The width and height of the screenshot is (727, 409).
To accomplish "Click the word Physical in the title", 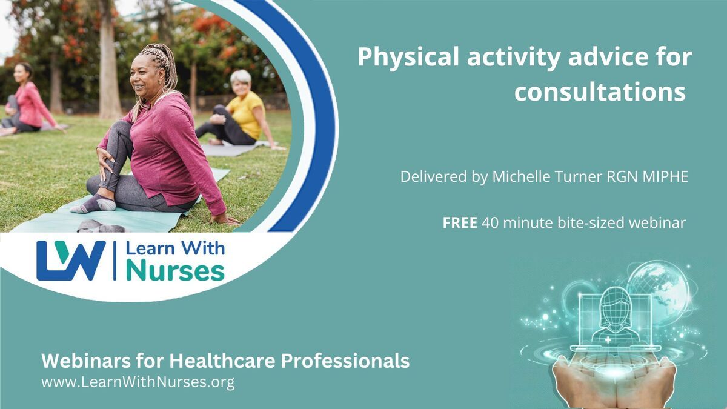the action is [408, 58].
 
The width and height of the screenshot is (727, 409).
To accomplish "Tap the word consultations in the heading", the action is [600, 92].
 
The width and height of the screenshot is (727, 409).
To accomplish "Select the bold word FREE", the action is [460, 223].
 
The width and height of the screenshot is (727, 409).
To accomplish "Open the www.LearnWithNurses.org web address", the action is [138, 382].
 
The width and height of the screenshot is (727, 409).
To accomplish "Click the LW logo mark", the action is [71, 261].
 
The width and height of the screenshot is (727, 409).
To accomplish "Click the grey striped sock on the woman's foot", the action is [94, 204].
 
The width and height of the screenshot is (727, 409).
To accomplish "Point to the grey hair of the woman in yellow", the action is [241, 77].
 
